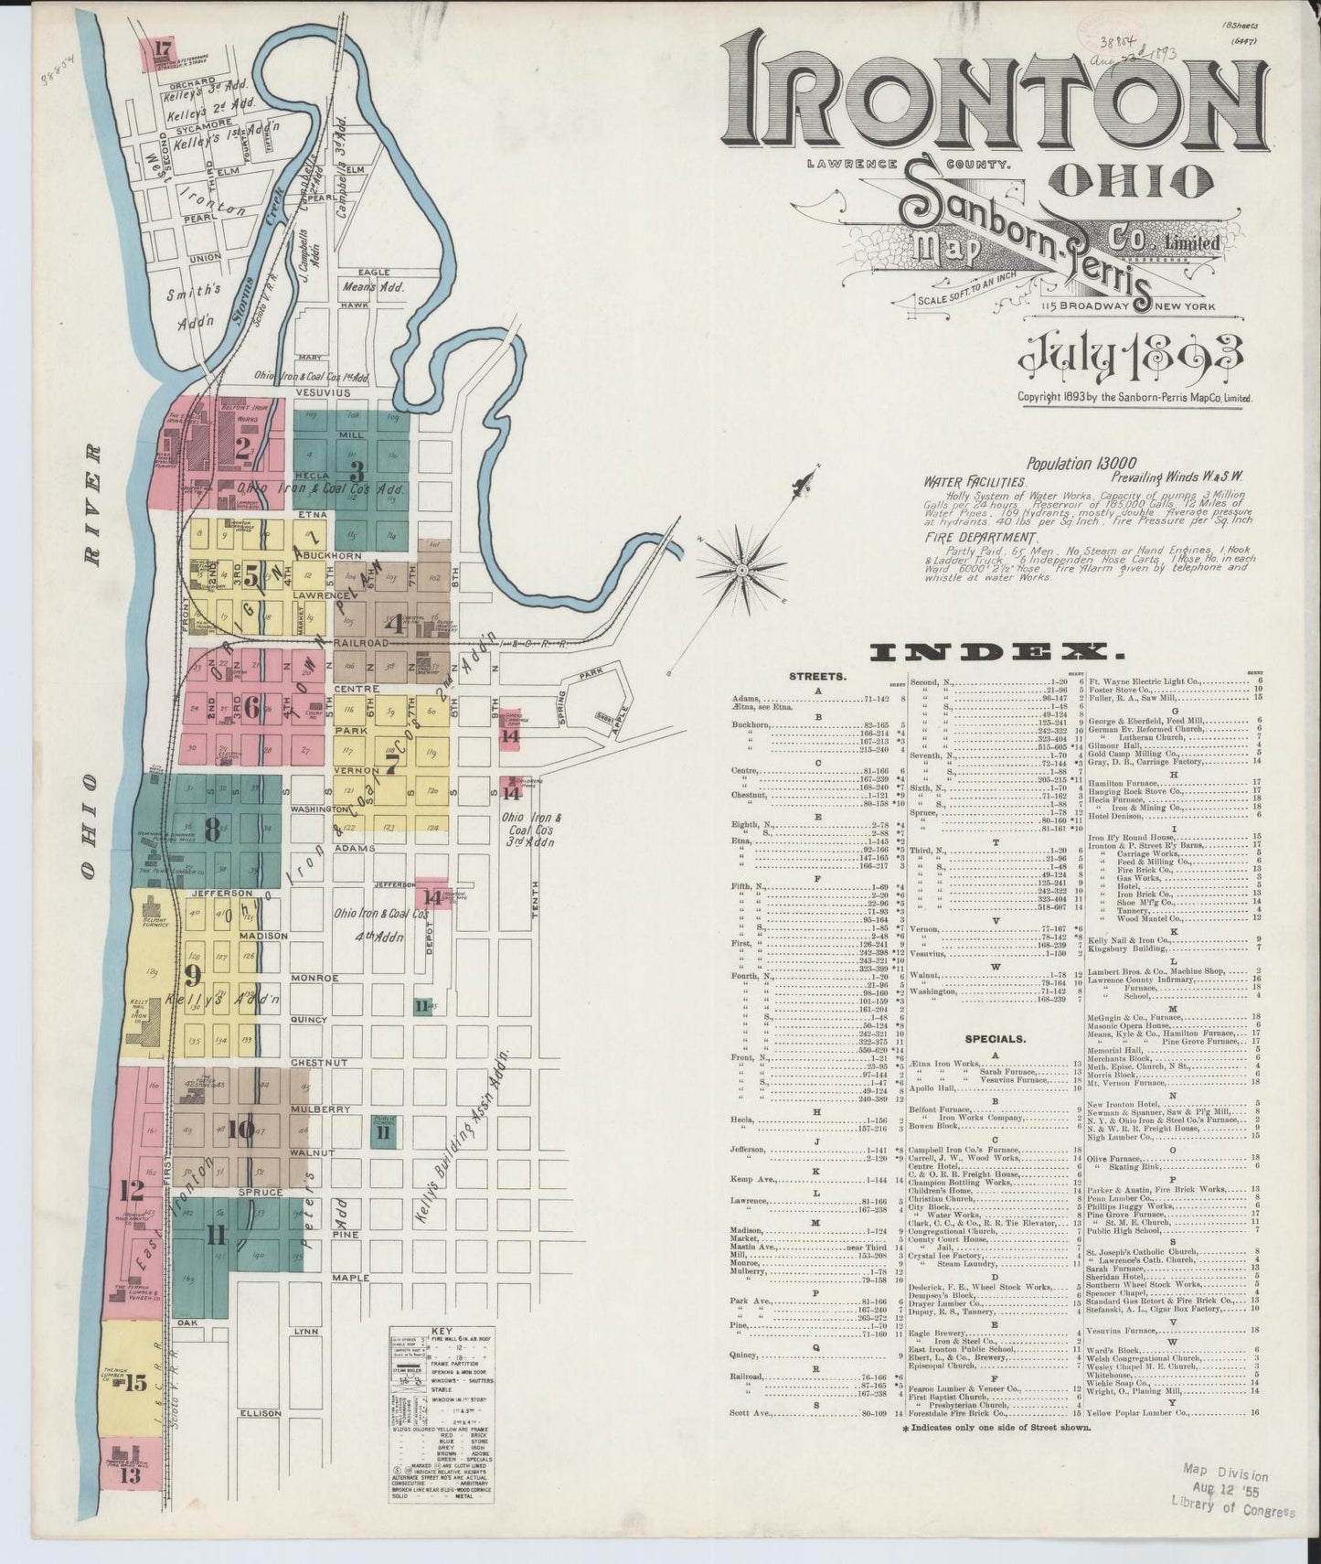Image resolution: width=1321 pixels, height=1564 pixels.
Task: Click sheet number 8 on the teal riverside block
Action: (212, 829)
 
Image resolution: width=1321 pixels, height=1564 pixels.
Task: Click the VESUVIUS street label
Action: (322, 392)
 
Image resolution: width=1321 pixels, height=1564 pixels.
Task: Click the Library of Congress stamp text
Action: (1231, 1509)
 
